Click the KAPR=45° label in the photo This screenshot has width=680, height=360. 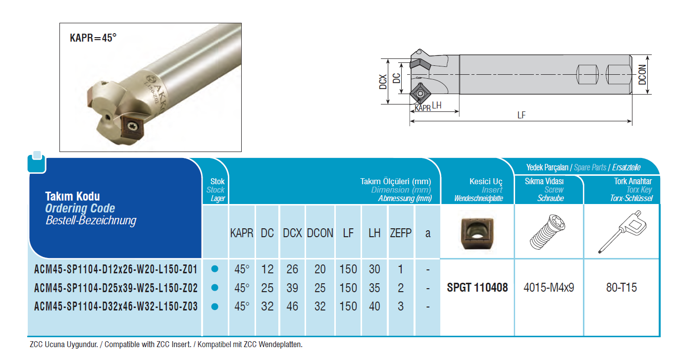pyautogui.click(x=93, y=38)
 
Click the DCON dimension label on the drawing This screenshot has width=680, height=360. pyautogui.click(x=642, y=75)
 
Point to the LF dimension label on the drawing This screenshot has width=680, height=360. pyautogui.click(x=521, y=115)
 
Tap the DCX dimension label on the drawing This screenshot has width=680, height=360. pyautogui.click(x=383, y=82)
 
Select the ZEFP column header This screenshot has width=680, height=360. pyautogui.click(x=401, y=233)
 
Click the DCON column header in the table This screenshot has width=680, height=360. pyautogui.click(x=320, y=233)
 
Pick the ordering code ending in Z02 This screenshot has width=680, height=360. pyautogui.click(x=116, y=288)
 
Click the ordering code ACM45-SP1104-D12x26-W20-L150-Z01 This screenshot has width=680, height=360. pyautogui.click(x=116, y=269)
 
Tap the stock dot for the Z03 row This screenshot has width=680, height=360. pyautogui.click(x=214, y=307)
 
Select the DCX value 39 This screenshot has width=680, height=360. pyautogui.click(x=292, y=288)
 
